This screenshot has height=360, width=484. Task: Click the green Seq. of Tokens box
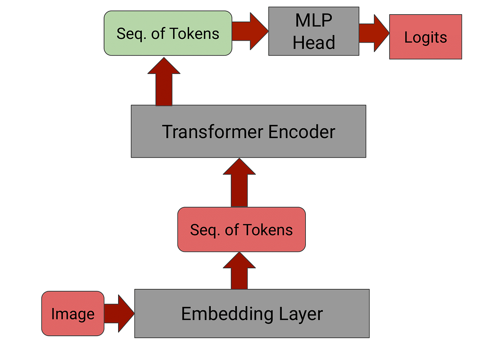click(x=168, y=34)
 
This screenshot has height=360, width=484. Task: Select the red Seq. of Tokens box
click(x=242, y=229)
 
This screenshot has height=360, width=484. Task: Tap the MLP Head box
click(x=314, y=31)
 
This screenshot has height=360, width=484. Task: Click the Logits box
click(x=426, y=37)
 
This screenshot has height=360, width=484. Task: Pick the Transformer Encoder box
click(x=249, y=132)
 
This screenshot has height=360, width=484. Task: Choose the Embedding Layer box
click(x=252, y=313)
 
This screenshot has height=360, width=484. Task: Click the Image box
click(x=73, y=313)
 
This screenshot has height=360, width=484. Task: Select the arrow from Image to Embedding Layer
click(x=119, y=313)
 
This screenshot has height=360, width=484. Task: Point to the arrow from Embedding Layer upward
click(x=239, y=271)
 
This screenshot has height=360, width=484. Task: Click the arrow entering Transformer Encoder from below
click(x=239, y=183)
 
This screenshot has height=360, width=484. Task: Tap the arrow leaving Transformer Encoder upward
click(x=164, y=81)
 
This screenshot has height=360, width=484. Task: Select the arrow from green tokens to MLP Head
click(x=250, y=31)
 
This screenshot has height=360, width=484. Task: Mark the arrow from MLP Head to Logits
click(x=374, y=33)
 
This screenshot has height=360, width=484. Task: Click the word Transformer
click(x=213, y=132)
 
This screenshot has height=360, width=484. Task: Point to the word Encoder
click(x=302, y=132)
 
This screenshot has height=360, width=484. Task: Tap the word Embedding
click(x=227, y=314)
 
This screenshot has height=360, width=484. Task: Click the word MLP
click(x=314, y=20)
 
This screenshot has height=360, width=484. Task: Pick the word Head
click(x=314, y=42)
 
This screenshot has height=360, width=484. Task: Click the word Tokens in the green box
click(x=194, y=34)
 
